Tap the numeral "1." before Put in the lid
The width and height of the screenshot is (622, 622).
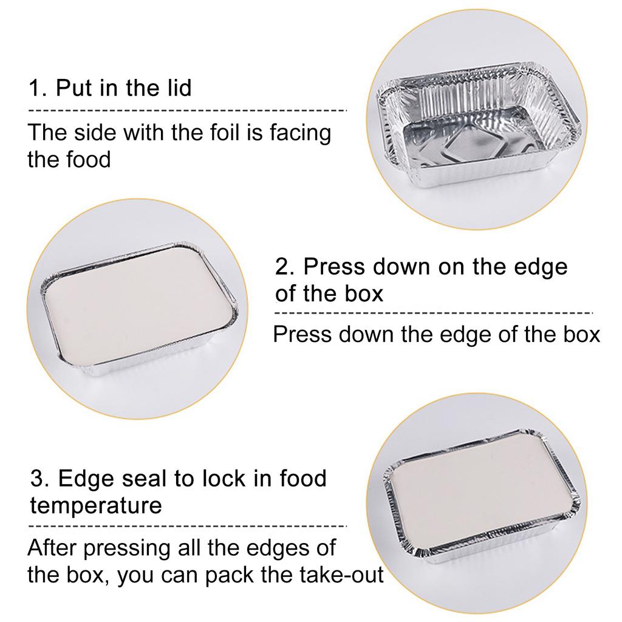click(38, 89)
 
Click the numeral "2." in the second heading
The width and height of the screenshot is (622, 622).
click(285, 267)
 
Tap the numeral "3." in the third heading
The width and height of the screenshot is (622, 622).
click(40, 479)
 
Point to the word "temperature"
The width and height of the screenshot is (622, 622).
click(96, 505)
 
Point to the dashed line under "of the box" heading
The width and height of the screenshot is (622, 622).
click(434, 313)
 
